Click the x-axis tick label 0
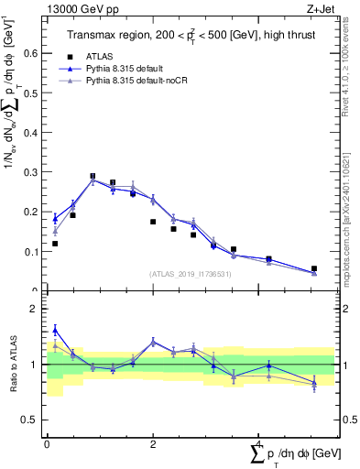tap(47, 443)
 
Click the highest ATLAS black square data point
tap(93, 176)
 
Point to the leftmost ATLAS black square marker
tap(55, 244)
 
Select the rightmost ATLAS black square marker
tap(314, 268)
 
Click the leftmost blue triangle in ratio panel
tap(55, 330)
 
